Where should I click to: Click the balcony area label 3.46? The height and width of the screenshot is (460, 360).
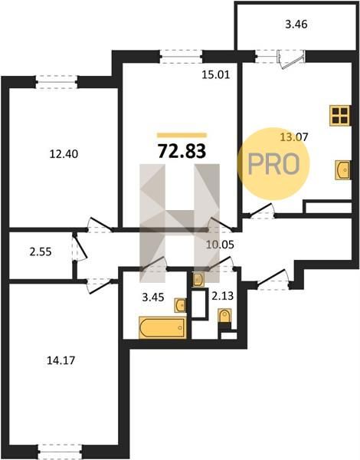[x=296, y=25]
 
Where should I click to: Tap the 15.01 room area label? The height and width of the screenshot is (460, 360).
[x=216, y=75]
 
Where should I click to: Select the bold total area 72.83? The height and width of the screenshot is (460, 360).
[x=182, y=151]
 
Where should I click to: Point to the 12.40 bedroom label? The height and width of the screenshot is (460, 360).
[x=64, y=154]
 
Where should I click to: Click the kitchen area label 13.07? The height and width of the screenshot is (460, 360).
[x=294, y=137]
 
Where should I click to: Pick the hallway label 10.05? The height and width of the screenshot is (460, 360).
[x=220, y=245]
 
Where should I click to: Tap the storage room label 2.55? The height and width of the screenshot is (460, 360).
[x=41, y=251]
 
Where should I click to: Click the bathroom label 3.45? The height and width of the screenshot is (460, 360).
[x=153, y=297]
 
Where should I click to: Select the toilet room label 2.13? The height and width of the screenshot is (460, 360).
[x=223, y=296]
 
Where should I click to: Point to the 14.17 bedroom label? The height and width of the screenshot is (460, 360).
[x=61, y=360]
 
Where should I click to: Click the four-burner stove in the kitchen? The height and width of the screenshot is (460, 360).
[x=340, y=116]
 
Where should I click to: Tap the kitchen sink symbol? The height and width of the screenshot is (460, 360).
[x=342, y=169]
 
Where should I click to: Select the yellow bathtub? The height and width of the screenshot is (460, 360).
[x=162, y=327]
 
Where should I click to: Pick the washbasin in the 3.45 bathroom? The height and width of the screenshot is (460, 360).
[x=180, y=305]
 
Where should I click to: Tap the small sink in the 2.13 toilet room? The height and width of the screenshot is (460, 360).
[x=198, y=279]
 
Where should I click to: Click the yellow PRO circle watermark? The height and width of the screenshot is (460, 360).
[x=273, y=164]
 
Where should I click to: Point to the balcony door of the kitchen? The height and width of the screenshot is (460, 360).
[x=290, y=59]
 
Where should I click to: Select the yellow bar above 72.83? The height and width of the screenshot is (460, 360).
[x=182, y=135]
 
